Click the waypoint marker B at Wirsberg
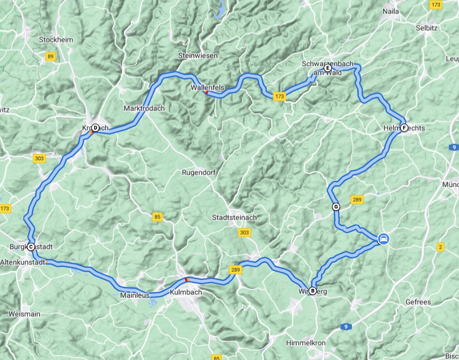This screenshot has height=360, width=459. point(312,291)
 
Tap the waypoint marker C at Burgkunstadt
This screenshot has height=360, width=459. point(31,247)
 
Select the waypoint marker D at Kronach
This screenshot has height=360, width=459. point(95,128)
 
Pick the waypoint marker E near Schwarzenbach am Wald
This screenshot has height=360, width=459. point(328,68)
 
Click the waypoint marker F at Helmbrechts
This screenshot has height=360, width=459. point(404,128)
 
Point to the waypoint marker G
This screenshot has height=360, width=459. point(336,207)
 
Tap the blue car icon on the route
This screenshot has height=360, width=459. point(383,239)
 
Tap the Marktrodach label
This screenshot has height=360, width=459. point(144,109)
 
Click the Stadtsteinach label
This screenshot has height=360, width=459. point(234,218)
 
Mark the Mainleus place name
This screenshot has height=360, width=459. point(135,295)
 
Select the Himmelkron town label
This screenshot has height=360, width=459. point(306,343)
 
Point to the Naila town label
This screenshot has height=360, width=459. point(390,12)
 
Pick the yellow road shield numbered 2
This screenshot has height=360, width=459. point(441,247)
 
